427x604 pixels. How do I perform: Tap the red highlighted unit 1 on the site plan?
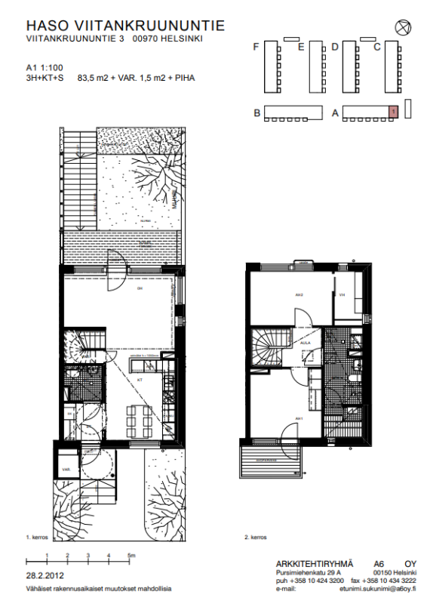click(x=393, y=112)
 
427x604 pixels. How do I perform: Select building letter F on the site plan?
click(x=257, y=47)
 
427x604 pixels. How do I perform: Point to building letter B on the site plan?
click(x=257, y=113)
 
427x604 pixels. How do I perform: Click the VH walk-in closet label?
click(x=342, y=294)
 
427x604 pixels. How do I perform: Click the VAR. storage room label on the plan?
click(x=66, y=468)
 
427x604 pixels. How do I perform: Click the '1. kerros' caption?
click(x=38, y=537)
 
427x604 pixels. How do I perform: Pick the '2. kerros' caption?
click(x=257, y=537)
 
